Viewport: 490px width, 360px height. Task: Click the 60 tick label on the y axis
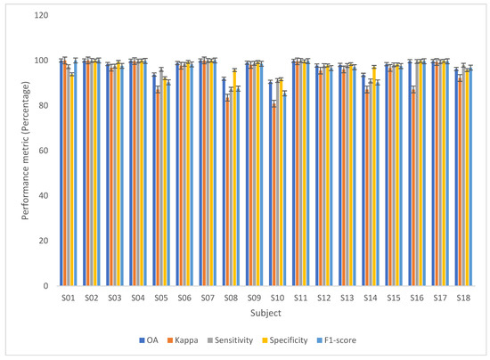click(x=40, y=151)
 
